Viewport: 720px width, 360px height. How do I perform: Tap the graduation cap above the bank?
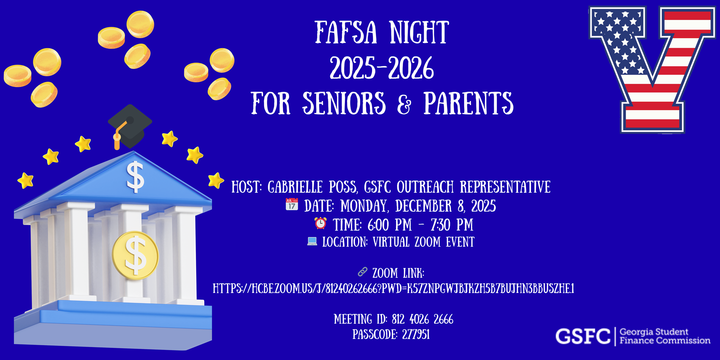(130, 127)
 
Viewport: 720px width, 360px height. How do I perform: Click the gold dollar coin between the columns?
(135, 255)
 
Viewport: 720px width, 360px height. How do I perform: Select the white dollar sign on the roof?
(135, 177)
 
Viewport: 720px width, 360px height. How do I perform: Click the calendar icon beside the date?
(292, 204)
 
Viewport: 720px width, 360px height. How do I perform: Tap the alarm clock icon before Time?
(321, 223)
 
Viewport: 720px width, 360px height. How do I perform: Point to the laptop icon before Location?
(312, 241)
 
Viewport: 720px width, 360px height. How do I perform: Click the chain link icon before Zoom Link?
(363, 272)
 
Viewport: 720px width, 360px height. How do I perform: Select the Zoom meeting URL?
(393, 289)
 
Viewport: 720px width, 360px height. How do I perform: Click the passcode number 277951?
(416, 335)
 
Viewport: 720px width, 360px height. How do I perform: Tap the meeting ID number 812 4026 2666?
(423, 319)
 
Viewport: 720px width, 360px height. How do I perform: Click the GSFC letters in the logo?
(583, 337)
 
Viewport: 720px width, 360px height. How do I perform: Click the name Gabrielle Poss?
(313, 187)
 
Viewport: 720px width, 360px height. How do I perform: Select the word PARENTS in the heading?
(469, 103)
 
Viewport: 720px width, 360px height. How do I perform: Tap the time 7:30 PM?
(452, 225)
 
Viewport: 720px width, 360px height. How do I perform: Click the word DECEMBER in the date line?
(424, 206)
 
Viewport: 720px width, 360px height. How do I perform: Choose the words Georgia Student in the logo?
(654, 332)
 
